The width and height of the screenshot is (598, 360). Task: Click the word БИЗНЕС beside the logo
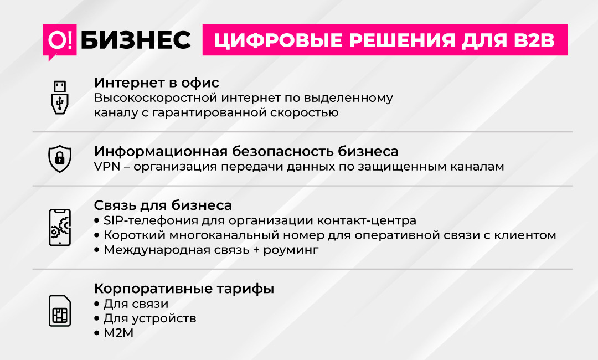point(136,40)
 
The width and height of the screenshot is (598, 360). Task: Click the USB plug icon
point(60,97)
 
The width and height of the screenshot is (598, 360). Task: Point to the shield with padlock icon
point(60,158)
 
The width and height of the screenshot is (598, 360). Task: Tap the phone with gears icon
point(60,227)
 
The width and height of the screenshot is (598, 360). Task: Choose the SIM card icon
point(60,311)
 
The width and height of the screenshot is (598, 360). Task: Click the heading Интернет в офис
point(157,83)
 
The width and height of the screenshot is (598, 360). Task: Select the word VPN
point(107,167)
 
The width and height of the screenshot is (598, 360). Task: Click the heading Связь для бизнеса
point(163,205)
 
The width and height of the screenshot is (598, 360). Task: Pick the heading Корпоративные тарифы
point(184,289)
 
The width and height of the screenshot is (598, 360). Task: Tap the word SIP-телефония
point(151,220)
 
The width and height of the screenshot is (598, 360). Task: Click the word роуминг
point(291,250)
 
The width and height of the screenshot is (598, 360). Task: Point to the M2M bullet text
point(118,333)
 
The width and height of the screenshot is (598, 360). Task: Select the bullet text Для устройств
point(150,318)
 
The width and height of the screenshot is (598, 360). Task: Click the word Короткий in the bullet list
point(134,235)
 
